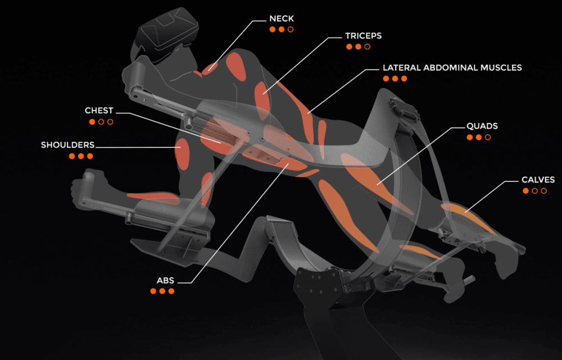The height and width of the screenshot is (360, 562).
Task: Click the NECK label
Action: pos(282,19)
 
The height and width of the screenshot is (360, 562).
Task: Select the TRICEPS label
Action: pos(363,36)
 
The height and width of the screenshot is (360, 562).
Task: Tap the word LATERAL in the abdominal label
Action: pos(400,68)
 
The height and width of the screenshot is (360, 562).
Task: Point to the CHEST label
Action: pos(99,111)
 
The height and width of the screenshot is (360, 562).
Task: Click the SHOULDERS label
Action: pos(67,145)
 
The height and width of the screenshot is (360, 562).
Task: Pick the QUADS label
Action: pos(482,126)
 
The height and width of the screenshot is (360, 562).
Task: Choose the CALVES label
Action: pos(538,180)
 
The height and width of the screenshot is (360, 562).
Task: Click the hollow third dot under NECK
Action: pos(291,29)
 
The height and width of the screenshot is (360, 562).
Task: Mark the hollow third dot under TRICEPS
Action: pos(368,47)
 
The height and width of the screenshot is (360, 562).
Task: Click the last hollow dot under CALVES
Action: pos(543,191)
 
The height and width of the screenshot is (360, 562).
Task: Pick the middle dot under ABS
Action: pos(162,291)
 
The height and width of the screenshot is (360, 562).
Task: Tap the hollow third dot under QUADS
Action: pos(487,137)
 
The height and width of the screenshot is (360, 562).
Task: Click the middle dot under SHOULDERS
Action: pos(81,156)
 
